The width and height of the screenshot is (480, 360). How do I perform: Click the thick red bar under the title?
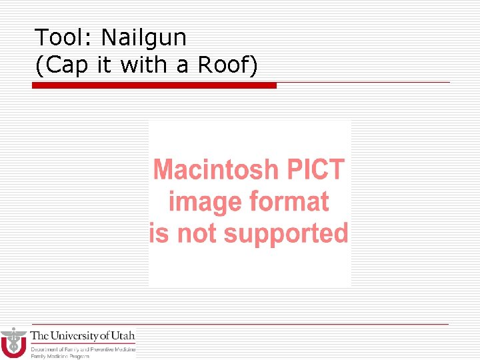[154, 85]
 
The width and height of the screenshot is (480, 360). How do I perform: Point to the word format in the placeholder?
[289, 201]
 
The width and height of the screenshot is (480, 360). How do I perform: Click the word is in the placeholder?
[159, 234]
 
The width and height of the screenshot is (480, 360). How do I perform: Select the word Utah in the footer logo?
[123, 336]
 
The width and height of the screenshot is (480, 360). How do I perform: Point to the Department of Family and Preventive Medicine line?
[83, 349]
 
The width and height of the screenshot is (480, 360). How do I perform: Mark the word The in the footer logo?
[39, 336]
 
